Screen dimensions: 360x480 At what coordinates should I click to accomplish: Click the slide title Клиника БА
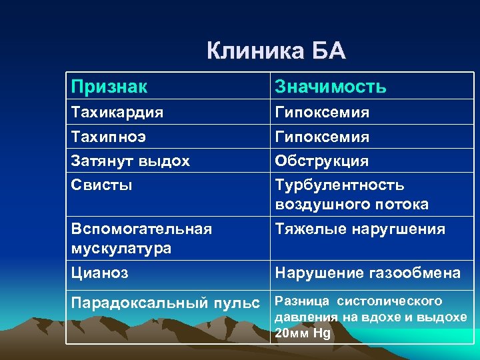276,51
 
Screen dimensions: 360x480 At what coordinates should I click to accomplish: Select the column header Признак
110,87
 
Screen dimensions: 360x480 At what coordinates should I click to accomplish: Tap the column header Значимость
330,87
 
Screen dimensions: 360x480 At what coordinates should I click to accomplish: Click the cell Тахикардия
117,113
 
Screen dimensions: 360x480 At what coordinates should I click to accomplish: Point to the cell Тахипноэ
109,137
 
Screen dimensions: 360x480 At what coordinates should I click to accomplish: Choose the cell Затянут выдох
131,161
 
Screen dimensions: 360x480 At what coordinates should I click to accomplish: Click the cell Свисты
102,185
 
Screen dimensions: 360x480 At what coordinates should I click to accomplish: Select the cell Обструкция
322,161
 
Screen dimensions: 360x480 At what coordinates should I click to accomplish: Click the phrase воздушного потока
352,204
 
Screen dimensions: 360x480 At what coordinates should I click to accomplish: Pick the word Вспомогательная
141,229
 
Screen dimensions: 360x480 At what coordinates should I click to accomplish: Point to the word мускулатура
121,248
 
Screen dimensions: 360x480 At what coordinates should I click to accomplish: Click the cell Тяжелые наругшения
360,229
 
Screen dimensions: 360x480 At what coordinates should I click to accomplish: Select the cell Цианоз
100,273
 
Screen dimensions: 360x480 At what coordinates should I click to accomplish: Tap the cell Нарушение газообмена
367,273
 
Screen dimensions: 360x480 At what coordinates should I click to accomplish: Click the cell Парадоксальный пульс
165,303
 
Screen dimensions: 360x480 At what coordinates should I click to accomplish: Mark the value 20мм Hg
303,333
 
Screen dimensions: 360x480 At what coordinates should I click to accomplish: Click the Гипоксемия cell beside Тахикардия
322,113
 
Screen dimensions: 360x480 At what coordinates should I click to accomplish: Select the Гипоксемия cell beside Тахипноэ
322,137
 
